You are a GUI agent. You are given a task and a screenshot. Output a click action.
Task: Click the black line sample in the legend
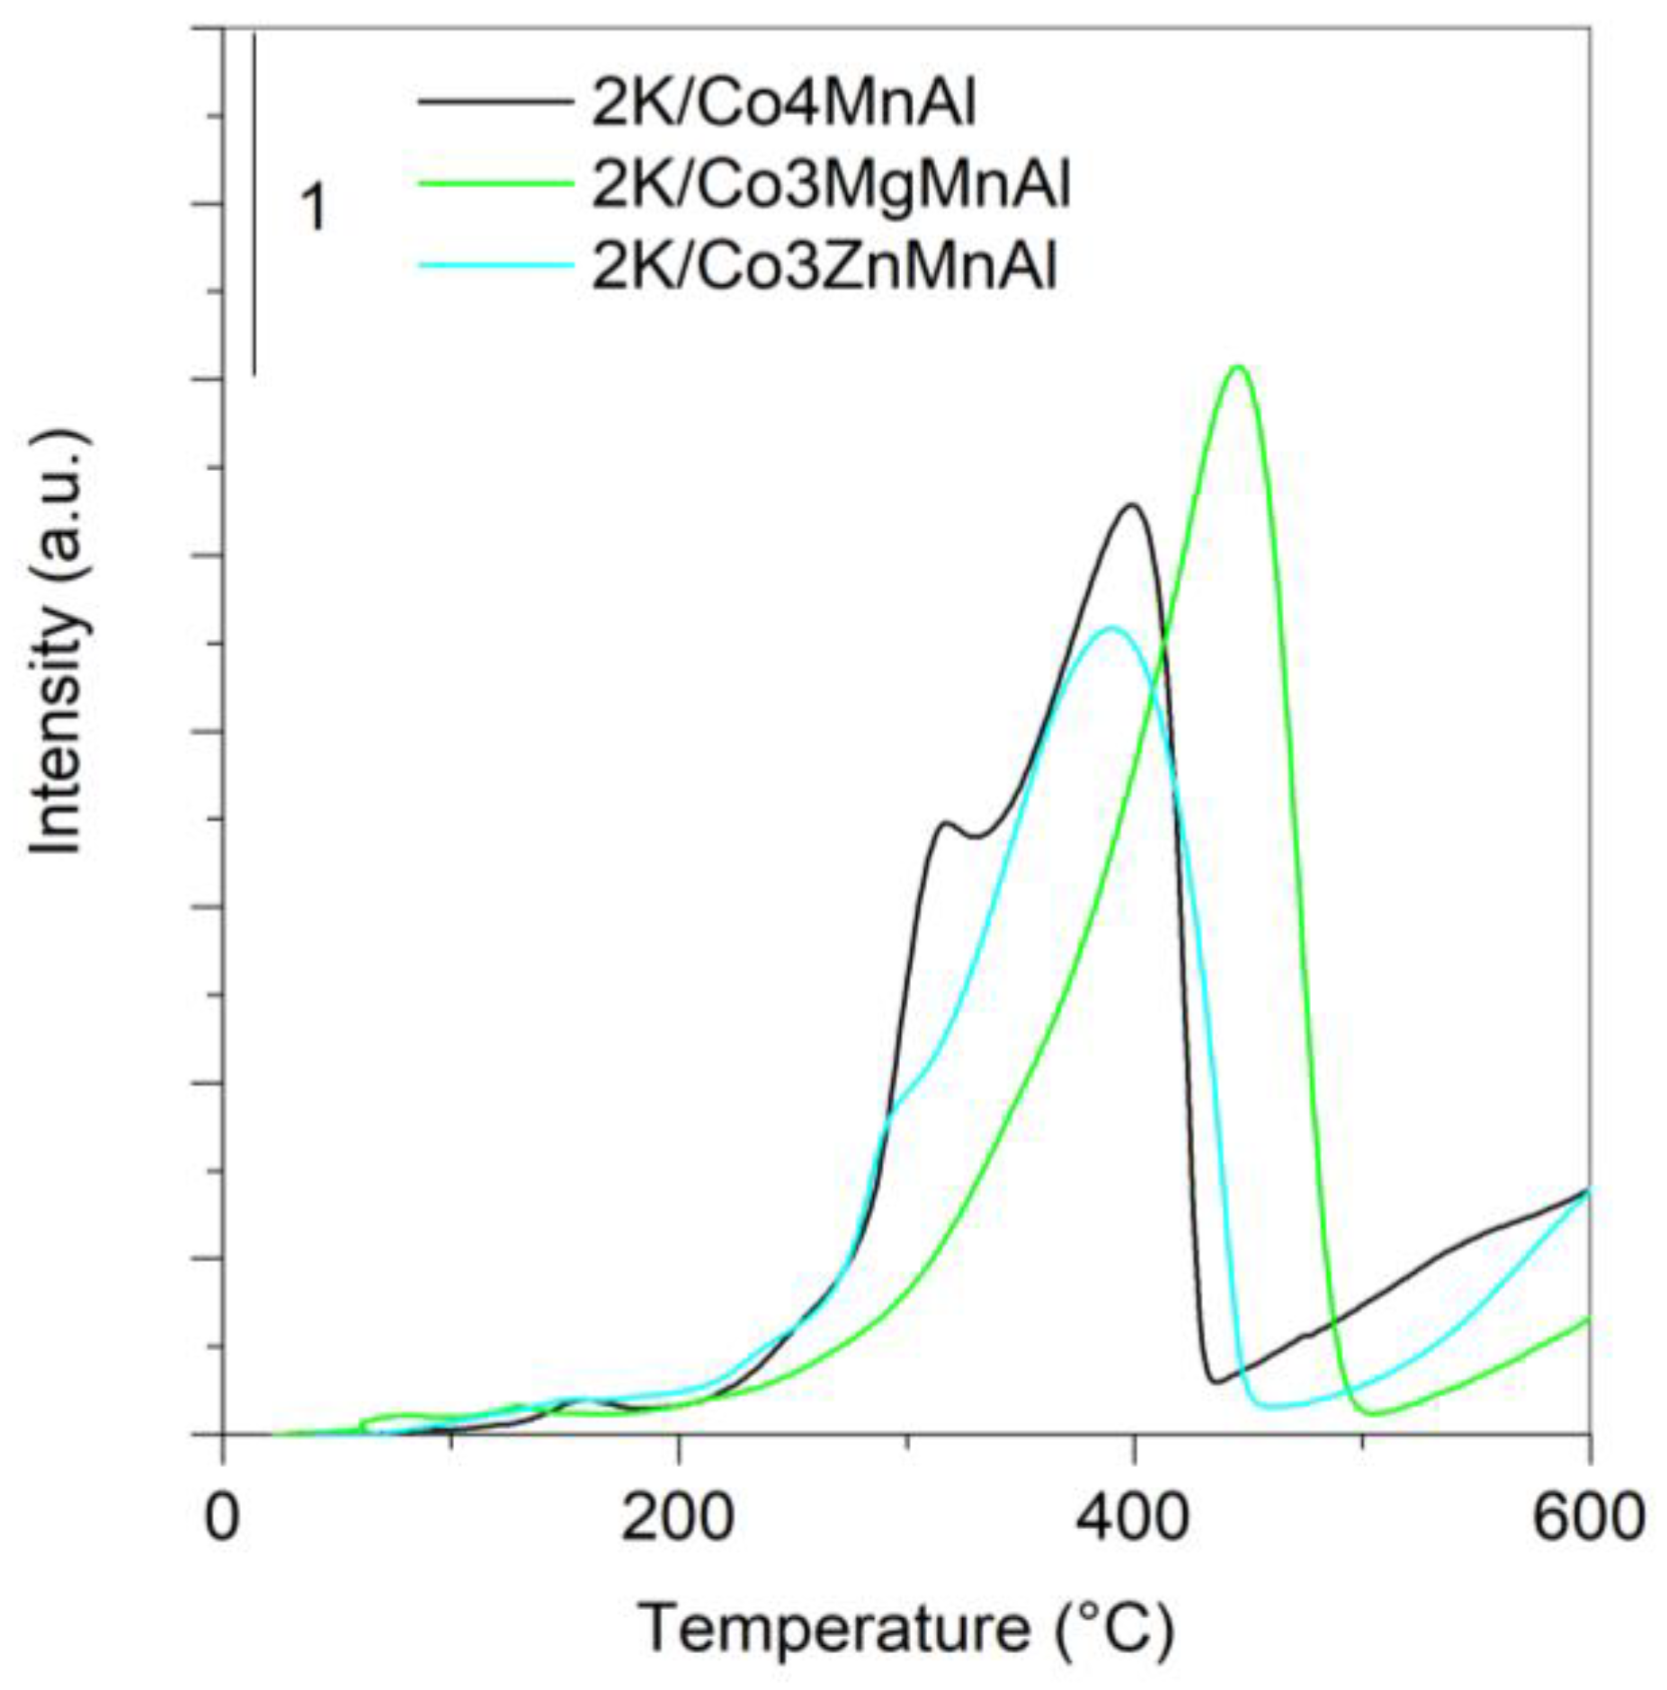tap(495, 102)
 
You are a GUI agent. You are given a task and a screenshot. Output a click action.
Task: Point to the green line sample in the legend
tap(495, 182)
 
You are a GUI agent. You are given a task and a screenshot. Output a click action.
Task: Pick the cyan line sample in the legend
tap(495, 263)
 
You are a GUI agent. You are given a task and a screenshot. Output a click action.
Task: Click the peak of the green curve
tap(1238, 367)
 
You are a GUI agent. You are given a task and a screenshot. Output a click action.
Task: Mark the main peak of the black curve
tap(1132, 505)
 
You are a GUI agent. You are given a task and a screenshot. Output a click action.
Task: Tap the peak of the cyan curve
tap(1112, 627)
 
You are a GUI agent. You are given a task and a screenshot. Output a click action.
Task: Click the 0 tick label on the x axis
tap(221, 1518)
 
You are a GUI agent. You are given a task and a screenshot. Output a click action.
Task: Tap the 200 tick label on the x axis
tap(677, 1518)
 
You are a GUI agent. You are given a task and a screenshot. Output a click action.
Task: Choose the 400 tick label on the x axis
tap(1134, 1518)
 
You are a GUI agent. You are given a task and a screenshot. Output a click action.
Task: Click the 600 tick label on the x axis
tap(1588, 1518)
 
